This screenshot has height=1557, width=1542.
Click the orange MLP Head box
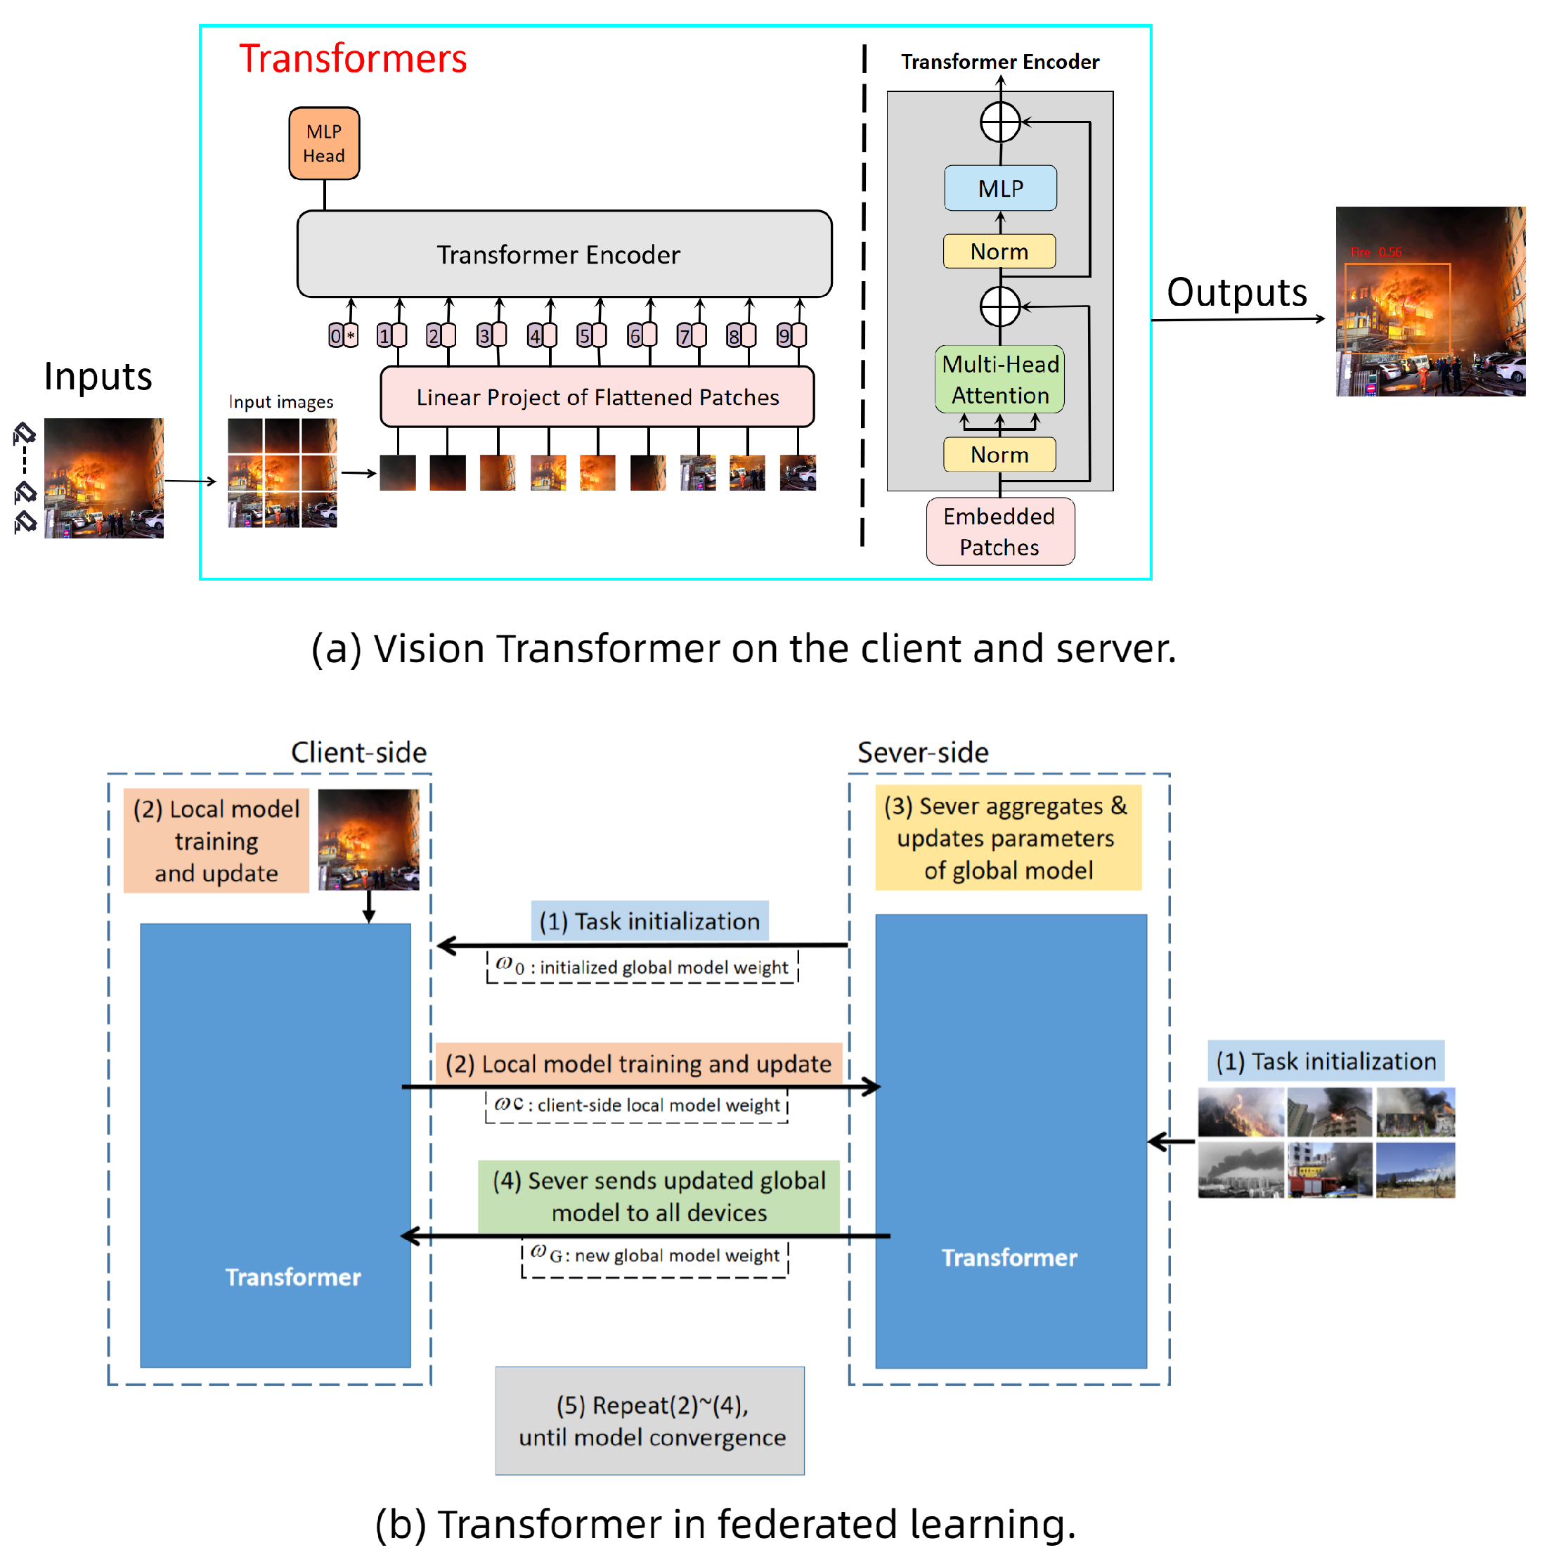(x=324, y=143)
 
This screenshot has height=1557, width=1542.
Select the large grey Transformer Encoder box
(x=564, y=254)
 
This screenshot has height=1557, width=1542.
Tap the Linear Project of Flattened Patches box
(x=597, y=396)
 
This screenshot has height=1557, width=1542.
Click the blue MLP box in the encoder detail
(x=1000, y=188)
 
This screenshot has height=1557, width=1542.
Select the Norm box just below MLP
(x=999, y=252)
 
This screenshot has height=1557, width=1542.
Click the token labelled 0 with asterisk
(x=343, y=335)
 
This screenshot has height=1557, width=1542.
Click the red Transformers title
(x=353, y=59)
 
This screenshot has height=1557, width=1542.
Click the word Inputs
(x=98, y=376)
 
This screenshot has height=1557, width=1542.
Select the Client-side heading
(x=358, y=752)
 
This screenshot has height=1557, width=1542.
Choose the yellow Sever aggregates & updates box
(x=1008, y=838)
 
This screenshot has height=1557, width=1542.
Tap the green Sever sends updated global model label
(x=659, y=1196)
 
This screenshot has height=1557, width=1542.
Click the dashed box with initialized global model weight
(x=642, y=967)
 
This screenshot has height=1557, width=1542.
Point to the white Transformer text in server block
(x=1009, y=1258)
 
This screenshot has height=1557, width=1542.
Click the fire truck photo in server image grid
(x=1328, y=1170)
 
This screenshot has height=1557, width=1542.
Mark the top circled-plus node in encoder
(x=1000, y=122)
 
